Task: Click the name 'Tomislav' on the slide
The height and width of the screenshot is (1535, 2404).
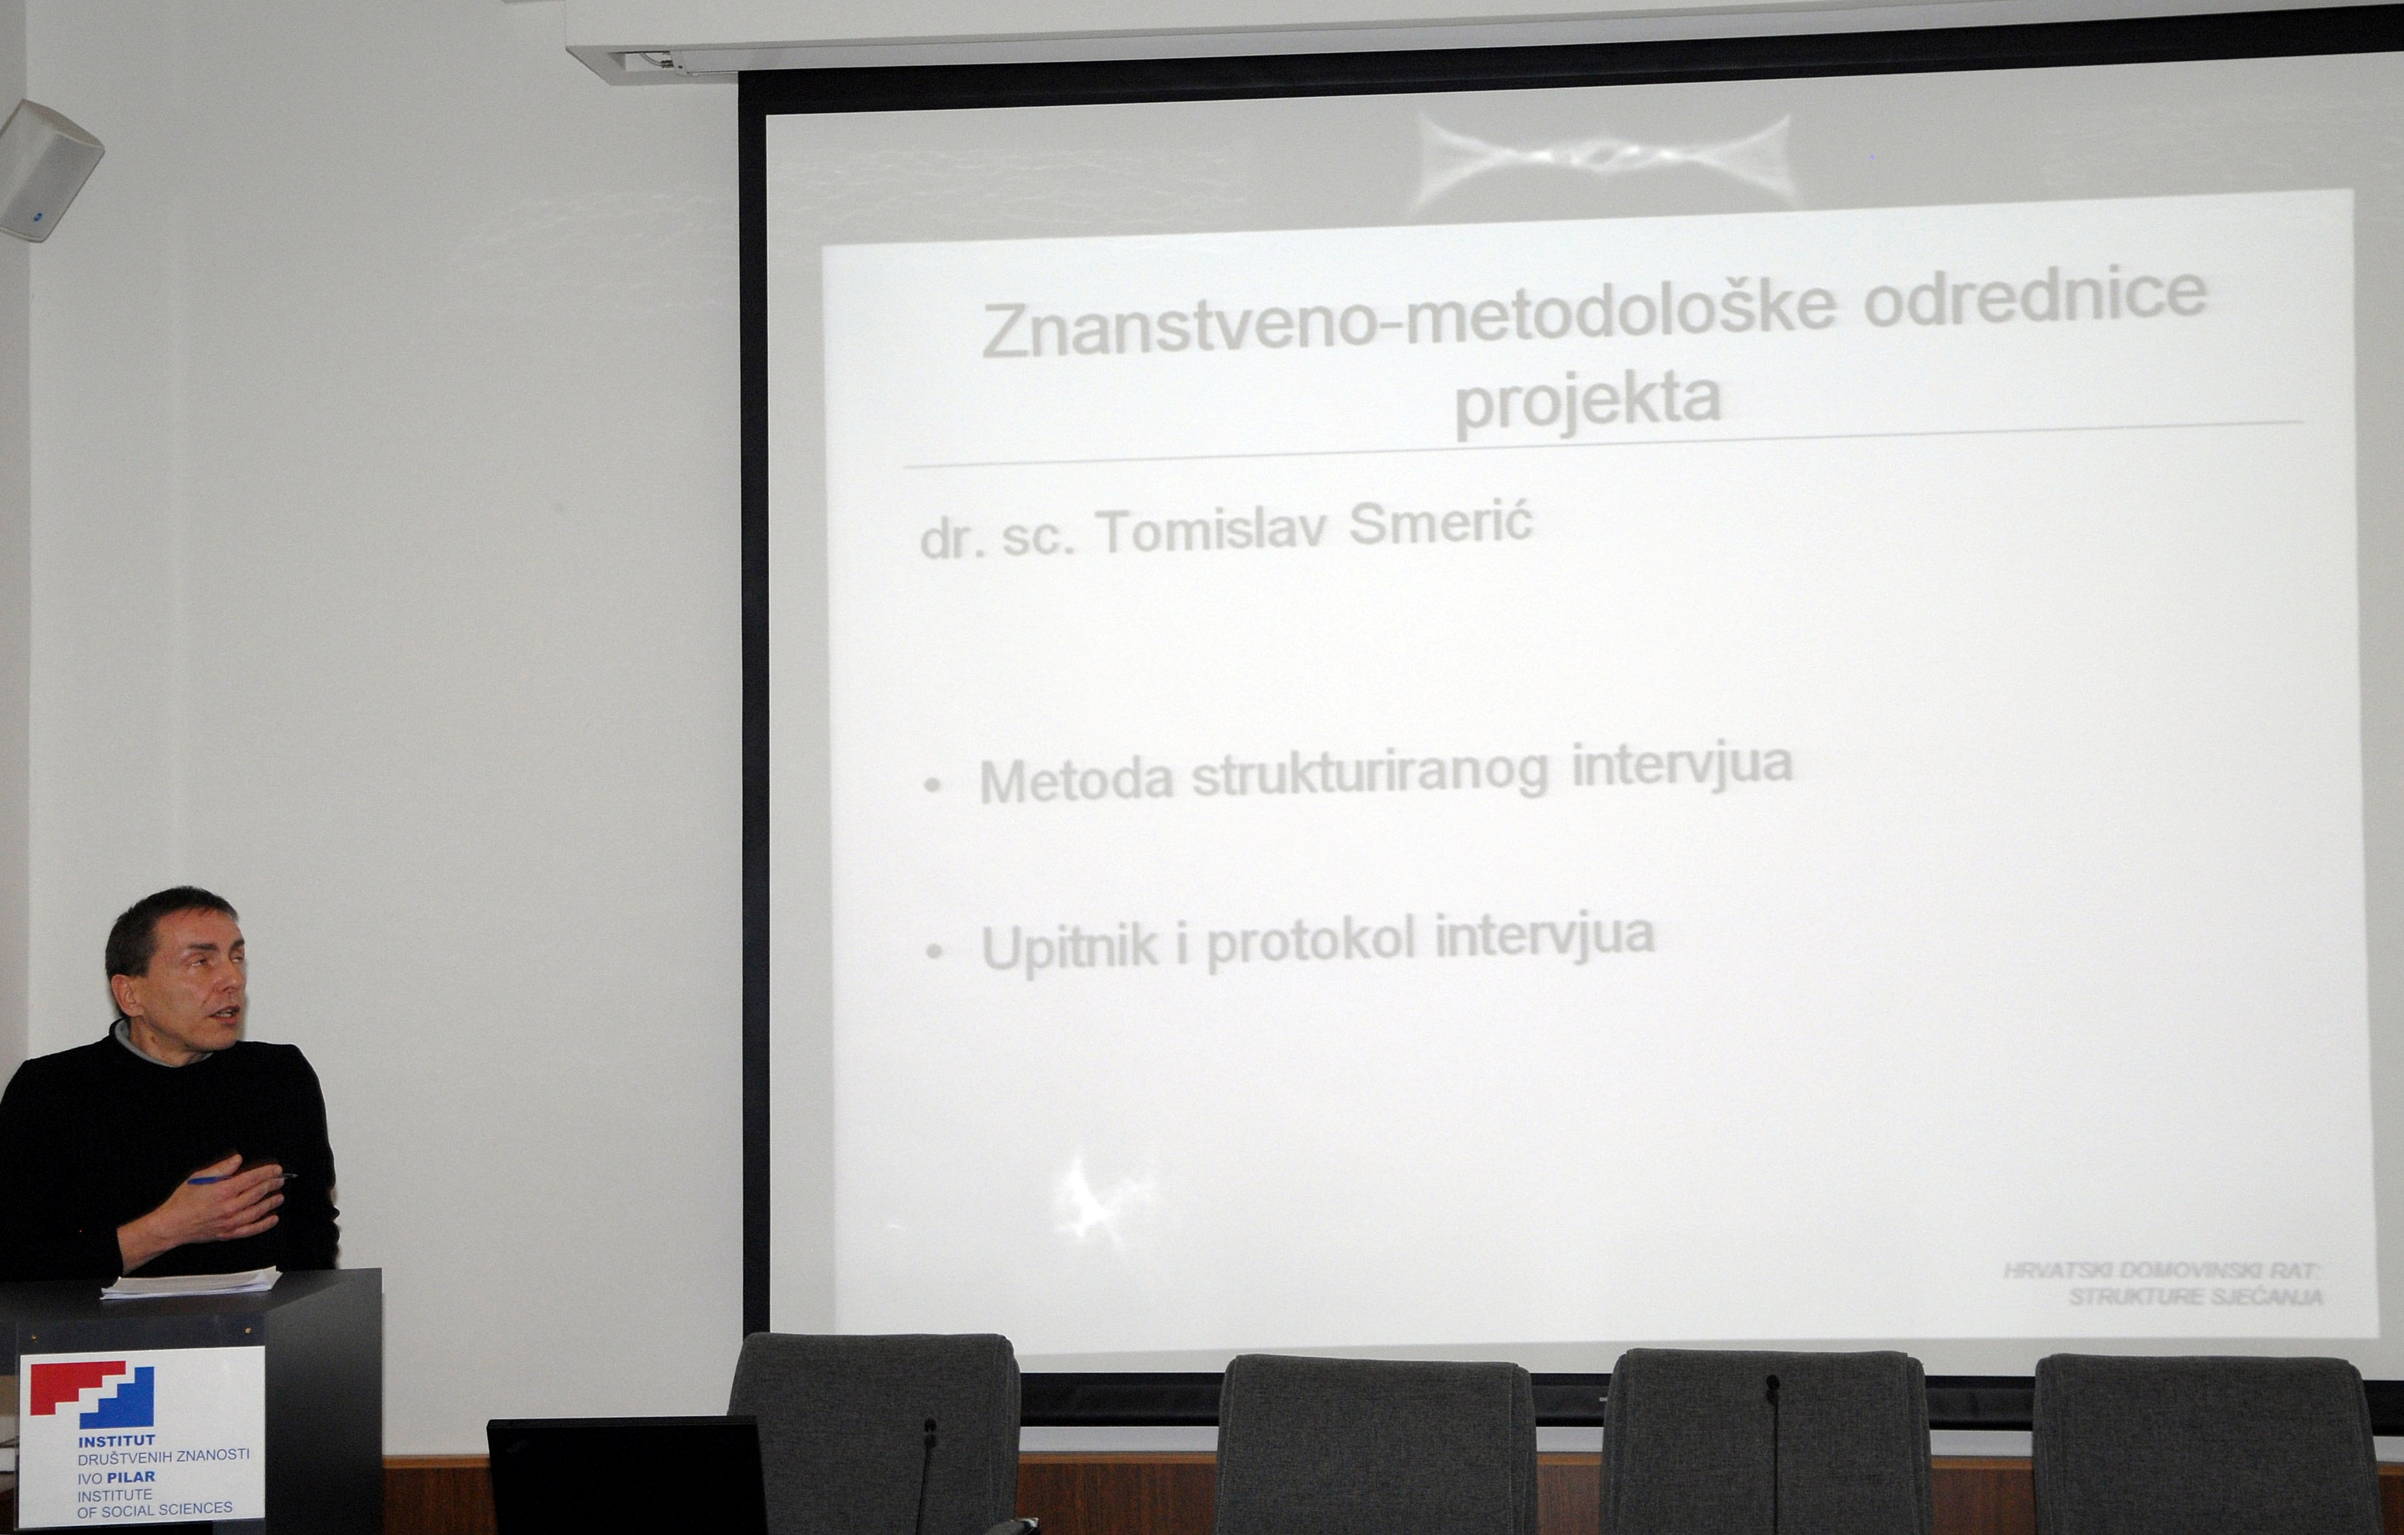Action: click(x=1212, y=530)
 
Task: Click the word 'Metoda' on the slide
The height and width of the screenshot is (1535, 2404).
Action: click(x=1076, y=780)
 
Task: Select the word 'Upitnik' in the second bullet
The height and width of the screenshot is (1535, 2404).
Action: click(x=1070, y=947)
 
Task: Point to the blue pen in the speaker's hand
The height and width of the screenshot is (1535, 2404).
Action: click(x=240, y=1179)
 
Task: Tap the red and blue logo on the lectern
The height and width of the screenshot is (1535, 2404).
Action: click(x=92, y=1396)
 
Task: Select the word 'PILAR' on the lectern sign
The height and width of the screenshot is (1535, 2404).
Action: click(x=131, y=1476)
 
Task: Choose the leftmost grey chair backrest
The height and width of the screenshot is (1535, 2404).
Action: click(x=874, y=1428)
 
